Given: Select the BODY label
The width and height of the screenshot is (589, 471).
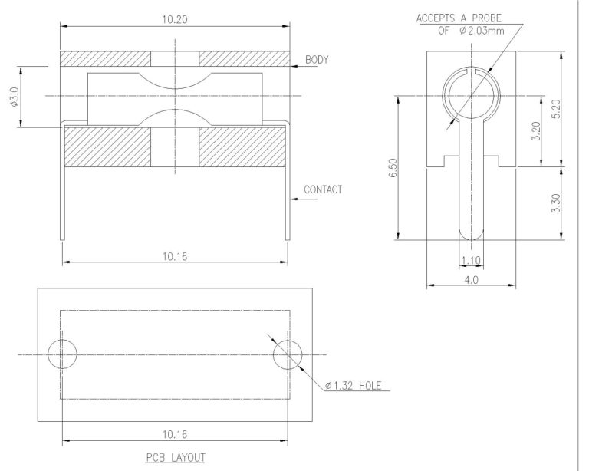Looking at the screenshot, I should point(318,59).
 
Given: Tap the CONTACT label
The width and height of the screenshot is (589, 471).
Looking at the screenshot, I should point(323,189).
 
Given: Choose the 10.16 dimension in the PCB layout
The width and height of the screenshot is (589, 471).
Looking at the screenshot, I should point(176,434).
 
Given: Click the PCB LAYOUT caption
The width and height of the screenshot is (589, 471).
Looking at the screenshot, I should point(176,458).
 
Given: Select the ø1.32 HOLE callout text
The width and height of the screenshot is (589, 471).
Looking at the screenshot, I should point(354,385).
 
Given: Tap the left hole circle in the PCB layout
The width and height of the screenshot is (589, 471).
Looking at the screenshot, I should point(62,355).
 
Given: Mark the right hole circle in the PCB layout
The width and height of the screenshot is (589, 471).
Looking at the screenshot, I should point(288,355).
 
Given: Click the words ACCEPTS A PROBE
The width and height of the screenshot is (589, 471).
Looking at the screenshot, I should point(464,17).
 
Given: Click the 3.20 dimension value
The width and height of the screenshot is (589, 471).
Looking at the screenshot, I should point(537,130).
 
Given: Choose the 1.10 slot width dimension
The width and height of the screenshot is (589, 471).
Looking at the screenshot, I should point(471,260).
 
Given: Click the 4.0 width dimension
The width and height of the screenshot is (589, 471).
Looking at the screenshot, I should point(471,280).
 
